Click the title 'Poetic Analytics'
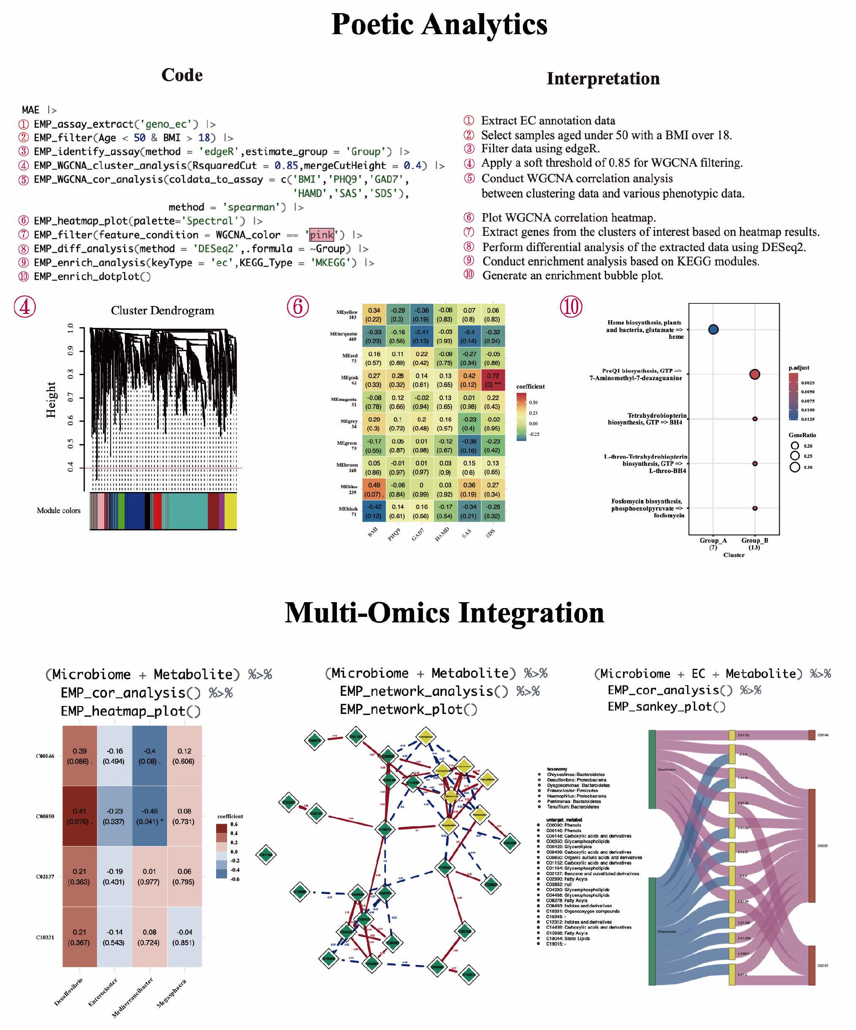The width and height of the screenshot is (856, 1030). (x=439, y=24)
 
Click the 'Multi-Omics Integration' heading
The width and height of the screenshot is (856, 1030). (x=444, y=613)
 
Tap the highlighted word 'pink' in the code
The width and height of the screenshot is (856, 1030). (x=321, y=235)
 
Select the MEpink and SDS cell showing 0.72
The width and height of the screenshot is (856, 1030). (x=493, y=380)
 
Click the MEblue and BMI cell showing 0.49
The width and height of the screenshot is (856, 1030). (x=373, y=489)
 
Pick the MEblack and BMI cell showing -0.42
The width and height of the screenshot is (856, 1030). (x=373, y=511)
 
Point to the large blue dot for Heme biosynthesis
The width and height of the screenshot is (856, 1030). (x=713, y=330)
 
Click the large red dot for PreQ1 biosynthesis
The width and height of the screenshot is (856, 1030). (x=754, y=374)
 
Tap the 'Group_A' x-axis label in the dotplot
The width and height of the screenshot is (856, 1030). (x=713, y=541)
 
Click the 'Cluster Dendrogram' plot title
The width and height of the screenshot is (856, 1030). (x=163, y=311)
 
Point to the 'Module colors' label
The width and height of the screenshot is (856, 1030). (x=58, y=511)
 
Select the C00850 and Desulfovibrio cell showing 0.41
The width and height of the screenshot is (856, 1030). (x=79, y=816)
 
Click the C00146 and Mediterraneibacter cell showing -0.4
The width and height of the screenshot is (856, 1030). (x=149, y=756)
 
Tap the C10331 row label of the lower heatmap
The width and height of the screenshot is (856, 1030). (x=45, y=937)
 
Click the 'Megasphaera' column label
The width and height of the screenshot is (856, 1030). (x=172, y=993)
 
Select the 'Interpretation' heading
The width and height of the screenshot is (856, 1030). (x=603, y=78)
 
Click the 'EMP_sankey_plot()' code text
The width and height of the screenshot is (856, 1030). (x=666, y=707)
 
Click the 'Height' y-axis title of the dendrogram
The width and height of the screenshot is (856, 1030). (x=51, y=400)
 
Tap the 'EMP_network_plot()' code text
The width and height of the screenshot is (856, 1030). (x=408, y=709)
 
